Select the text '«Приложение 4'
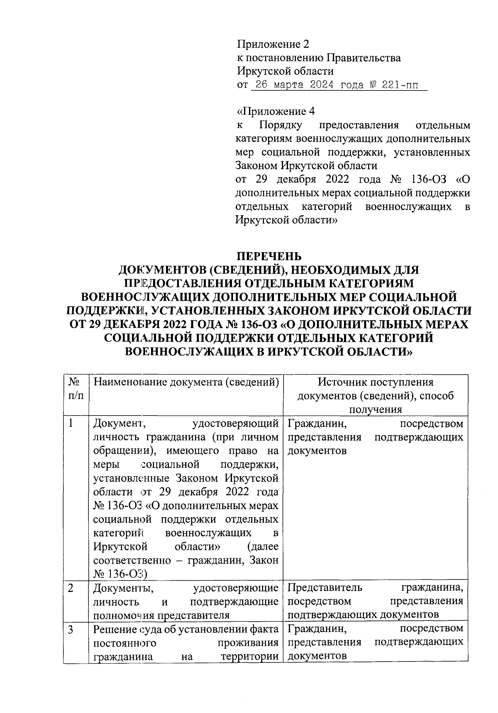click(276, 111)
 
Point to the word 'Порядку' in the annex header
click(281, 125)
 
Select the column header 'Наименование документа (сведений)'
click(186, 382)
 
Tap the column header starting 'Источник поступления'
click(376, 382)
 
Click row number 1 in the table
click(71, 423)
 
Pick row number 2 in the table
click(71, 588)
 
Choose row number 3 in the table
click(71, 629)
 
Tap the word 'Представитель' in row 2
click(325, 587)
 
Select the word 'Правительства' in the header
click(364, 58)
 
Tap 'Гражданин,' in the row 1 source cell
click(317, 423)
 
